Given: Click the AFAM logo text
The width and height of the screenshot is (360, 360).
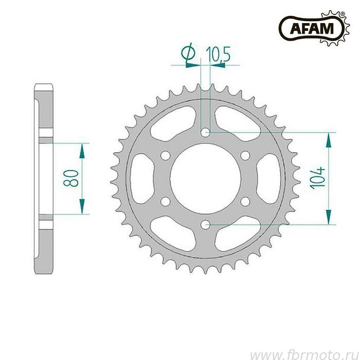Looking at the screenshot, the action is (312, 28).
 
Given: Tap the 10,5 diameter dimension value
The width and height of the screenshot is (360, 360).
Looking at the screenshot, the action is (218, 54).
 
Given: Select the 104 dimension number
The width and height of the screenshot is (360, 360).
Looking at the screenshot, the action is (318, 178).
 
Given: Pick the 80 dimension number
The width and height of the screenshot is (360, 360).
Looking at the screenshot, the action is (71, 178).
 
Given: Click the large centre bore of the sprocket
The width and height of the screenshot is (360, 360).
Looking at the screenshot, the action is (206, 178).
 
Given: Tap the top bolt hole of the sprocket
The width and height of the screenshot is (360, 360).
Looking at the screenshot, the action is (206, 133).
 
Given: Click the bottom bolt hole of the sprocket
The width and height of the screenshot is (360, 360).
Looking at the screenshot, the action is (206, 225).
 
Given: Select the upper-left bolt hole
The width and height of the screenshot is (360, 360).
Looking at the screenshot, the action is (166, 155).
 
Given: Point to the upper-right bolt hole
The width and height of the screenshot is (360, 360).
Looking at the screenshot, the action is (245, 155).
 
